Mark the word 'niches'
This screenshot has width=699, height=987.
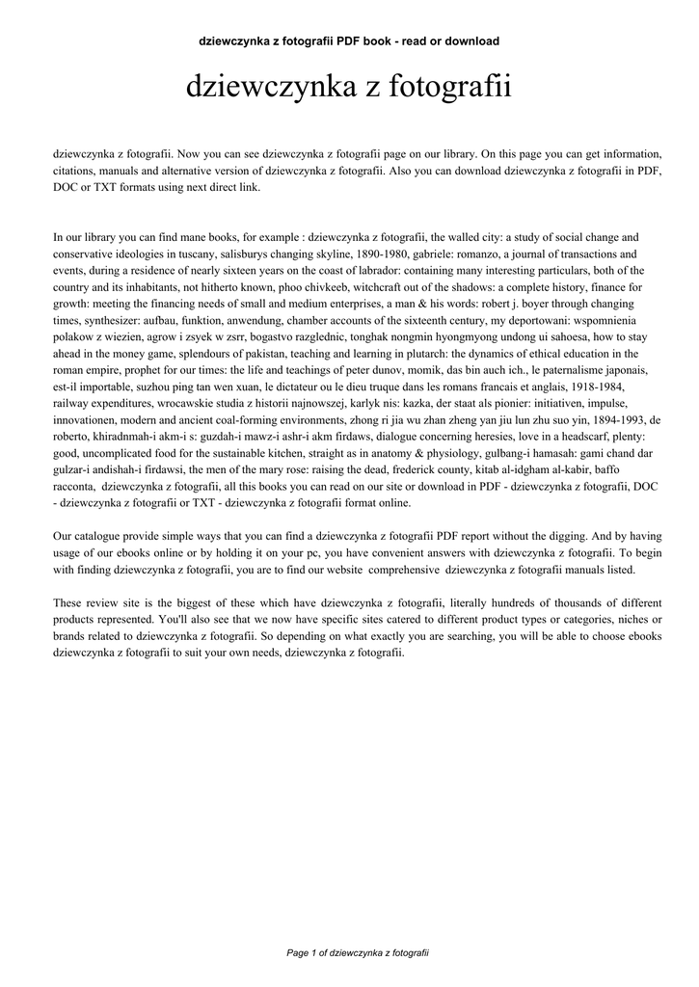click(627, 619)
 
